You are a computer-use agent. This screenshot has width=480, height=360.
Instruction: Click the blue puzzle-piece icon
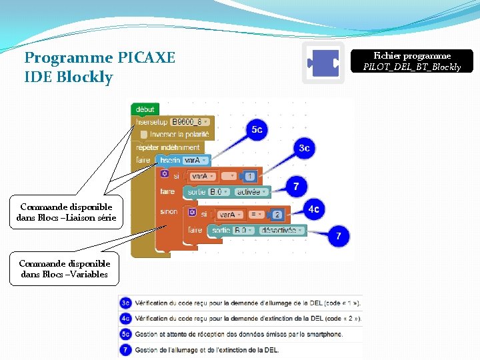coord(323,63)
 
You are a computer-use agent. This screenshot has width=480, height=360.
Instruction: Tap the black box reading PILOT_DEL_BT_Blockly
coord(412,61)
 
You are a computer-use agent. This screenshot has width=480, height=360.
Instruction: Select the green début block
coord(145,109)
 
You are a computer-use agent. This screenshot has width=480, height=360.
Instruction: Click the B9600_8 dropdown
coord(190,122)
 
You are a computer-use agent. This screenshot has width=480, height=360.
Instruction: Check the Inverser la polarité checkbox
coord(145,134)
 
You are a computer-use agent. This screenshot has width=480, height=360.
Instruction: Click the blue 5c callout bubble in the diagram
coord(256,129)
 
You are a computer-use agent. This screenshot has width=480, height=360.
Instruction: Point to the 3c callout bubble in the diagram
coord(303,148)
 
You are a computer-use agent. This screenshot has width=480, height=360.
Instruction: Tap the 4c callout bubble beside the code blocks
coord(314,209)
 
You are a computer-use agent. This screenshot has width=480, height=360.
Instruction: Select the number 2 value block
coord(277,215)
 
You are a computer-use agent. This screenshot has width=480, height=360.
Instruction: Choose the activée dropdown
coord(251,192)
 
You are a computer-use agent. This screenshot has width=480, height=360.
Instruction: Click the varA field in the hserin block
coord(195,160)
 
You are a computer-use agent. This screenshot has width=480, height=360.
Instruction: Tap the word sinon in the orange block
coord(169,211)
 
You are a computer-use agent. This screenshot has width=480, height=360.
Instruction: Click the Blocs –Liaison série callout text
coord(67,217)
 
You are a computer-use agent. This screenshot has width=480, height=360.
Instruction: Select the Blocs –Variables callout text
coord(64,274)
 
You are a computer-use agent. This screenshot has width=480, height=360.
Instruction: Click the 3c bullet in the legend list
coord(125,303)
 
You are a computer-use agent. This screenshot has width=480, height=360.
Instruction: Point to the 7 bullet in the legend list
coord(125,349)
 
